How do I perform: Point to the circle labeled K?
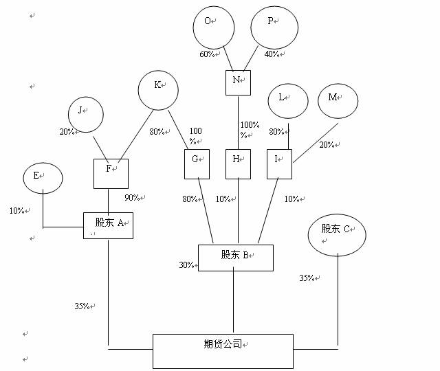(158, 89)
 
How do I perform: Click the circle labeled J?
(86, 114)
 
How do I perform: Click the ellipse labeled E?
(43, 178)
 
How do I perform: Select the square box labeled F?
(111, 174)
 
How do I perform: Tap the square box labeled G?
(196, 164)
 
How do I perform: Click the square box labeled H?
(238, 164)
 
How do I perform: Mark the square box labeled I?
(279, 164)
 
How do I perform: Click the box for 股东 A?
(108, 225)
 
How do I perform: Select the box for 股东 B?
(235, 257)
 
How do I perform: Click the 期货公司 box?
(222, 350)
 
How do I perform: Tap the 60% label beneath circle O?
(208, 54)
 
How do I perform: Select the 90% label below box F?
(133, 198)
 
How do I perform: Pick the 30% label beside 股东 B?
(187, 265)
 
